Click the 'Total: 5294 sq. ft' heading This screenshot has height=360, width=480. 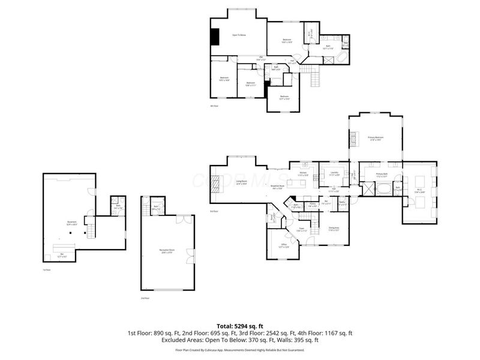tap(240, 326)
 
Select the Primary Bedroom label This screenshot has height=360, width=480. tap(376, 139)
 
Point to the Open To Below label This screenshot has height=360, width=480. tap(239, 35)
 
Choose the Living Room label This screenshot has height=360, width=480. tap(242, 182)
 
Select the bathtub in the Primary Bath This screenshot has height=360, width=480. tap(382, 190)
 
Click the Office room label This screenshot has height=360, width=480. tap(284, 245)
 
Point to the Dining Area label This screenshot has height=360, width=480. tap(334, 229)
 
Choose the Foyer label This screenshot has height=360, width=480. tap(303, 229)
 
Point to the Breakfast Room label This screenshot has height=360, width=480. tap(277, 187)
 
